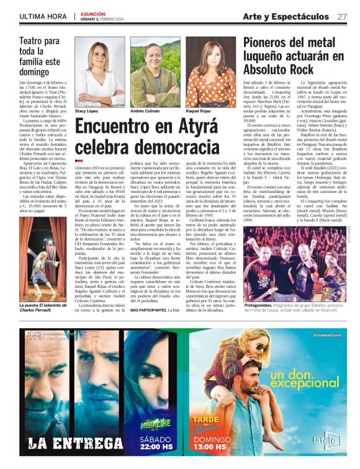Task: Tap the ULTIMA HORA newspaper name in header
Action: coord(42,17)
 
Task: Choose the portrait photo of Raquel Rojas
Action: coord(210,63)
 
